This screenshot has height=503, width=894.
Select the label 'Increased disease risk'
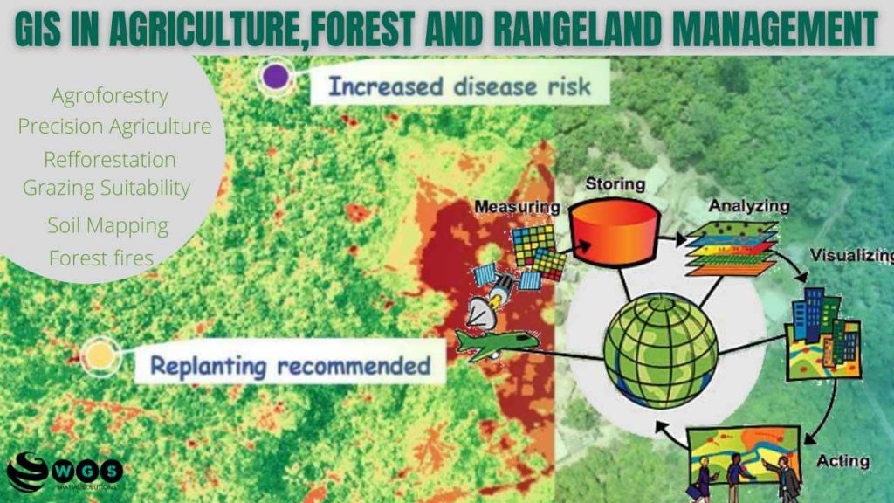point(458,86)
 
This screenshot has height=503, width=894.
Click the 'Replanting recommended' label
point(291,364)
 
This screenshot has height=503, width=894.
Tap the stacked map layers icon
point(730,251)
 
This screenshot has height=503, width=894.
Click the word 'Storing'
point(615,183)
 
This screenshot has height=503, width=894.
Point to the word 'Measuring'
point(516,207)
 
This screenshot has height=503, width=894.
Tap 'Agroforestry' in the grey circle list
point(110,95)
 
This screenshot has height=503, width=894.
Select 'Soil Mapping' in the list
point(108,224)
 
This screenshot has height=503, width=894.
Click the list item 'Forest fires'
point(101,258)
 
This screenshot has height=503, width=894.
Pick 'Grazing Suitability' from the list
point(107,187)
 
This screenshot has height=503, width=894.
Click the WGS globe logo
point(26,472)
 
